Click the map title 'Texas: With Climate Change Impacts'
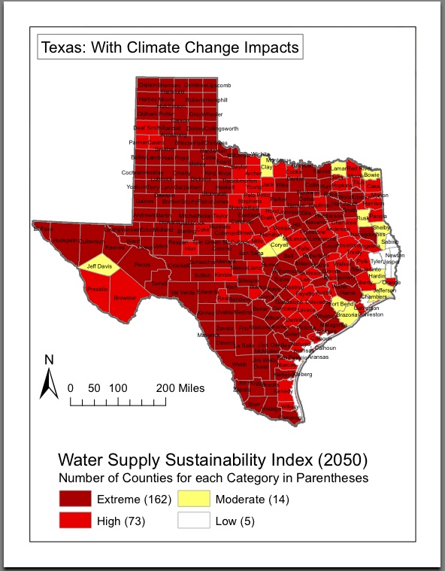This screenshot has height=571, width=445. [x=170, y=48]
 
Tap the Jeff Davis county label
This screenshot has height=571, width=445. [x=99, y=266]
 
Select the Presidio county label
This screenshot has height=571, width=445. [x=97, y=289]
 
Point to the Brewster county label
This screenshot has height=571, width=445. [x=125, y=298]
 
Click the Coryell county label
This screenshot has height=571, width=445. [x=280, y=244]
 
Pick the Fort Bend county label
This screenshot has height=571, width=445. [x=341, y=304]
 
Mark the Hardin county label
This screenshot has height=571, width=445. [x=377, y=276]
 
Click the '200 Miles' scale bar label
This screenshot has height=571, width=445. [x=180, y=388]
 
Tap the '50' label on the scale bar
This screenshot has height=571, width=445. [x=94, y=388]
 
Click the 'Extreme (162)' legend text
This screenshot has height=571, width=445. [x=129, y=500]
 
